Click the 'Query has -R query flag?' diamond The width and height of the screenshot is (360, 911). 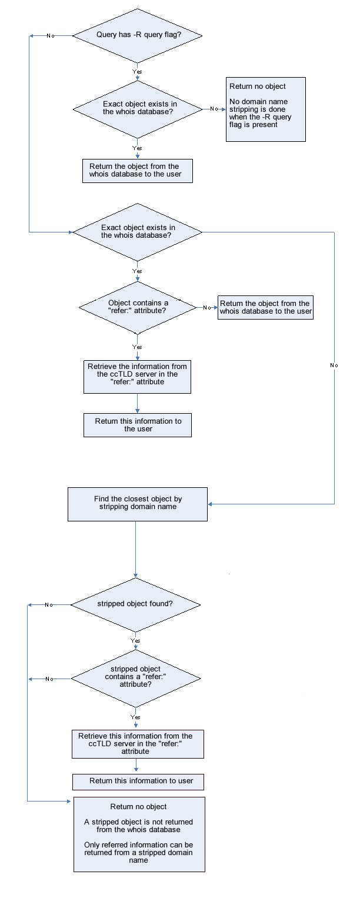click(138, 35)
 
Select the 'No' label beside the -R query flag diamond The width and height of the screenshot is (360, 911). click(51, 36)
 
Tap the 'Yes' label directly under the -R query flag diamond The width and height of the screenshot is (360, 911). click(137, 71)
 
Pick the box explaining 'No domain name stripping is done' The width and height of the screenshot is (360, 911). click(266, 109)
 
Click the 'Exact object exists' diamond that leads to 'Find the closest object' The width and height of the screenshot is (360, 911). click(138, 232)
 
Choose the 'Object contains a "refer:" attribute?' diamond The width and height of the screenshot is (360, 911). click(138, 307)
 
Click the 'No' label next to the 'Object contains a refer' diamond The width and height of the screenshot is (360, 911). click(207, 307)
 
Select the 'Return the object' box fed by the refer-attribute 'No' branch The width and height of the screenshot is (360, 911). click(265, 307)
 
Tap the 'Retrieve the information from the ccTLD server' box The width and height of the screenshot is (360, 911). click(137, 377)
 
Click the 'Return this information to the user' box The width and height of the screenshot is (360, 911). click(138, 425)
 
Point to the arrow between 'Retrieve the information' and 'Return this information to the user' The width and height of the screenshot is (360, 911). click(138, 404)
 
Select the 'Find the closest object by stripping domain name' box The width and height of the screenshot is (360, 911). click(138, 504)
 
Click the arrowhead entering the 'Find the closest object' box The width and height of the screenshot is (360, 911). click(211, 504)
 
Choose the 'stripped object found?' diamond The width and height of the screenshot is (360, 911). click(135, 604)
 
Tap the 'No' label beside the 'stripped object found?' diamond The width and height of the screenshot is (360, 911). click(49, 604)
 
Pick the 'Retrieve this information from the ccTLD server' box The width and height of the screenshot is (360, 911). click(137, 744)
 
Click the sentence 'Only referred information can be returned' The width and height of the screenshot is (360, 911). click(139, 852)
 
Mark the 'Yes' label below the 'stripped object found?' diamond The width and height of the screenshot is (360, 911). click(135, 640)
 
